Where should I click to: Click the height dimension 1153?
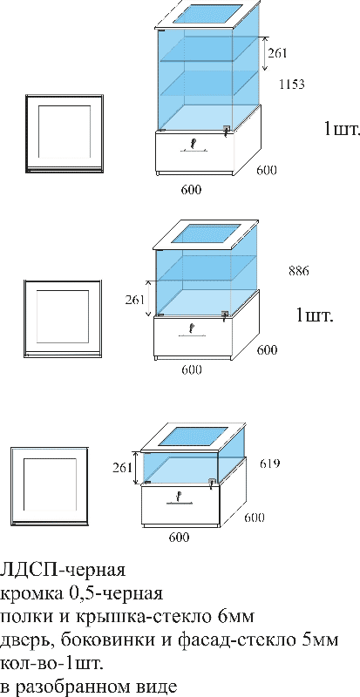(292, 84)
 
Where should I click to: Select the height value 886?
(299, 270)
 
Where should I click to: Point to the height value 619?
(269, 464)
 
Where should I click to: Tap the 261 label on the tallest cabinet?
(278, 53)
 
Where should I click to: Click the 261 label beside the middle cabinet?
(135, 299)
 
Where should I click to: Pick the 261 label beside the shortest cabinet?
(122, 468)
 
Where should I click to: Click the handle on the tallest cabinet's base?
(194, 145)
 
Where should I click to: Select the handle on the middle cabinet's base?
(192, 330)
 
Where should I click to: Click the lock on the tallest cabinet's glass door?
(227, 129)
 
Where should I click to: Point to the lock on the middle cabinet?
(225, 315)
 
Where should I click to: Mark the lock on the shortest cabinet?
(213, 483)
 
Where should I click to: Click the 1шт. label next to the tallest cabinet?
(342, 129)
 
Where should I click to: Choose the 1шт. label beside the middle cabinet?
(315, 316)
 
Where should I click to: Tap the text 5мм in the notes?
(321, 640)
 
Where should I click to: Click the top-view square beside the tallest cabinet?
(65, 133)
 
